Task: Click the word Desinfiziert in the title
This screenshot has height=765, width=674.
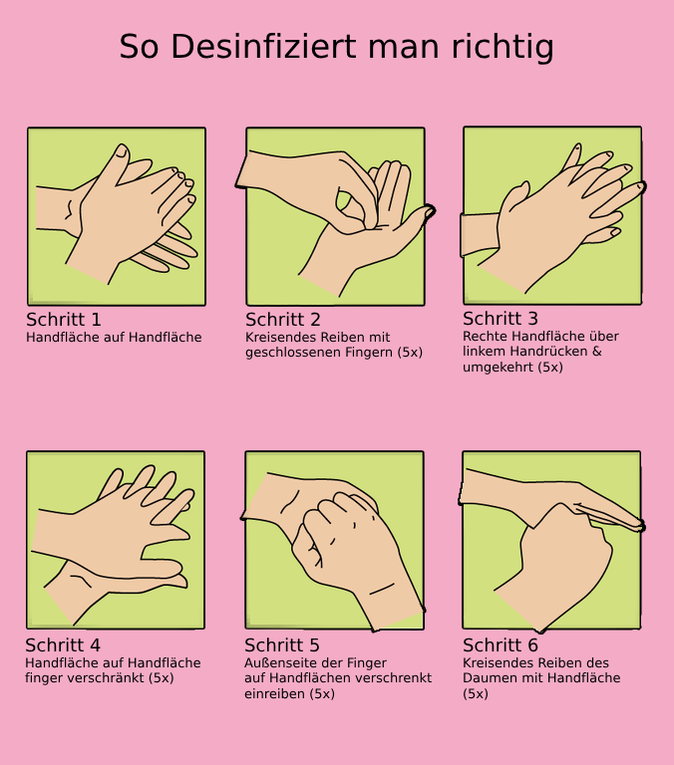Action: tap(264, 47)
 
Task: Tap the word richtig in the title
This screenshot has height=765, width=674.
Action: tap(503, 48)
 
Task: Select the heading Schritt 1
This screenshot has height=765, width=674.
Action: tap(64, 320)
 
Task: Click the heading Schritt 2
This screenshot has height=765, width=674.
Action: tap(283, 320)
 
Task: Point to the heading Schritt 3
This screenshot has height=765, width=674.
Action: tap(501, 319)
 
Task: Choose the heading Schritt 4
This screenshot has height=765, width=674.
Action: tap(63, 645)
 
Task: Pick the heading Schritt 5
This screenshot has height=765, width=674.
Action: tap(282, 645)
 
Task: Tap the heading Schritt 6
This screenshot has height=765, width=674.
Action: tap(501, 645)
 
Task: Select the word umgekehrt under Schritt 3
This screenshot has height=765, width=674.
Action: tap(499, 368)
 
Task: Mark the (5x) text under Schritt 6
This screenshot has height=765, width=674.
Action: tap(476, 693)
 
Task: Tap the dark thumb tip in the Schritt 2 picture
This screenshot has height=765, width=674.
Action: tap(430, 212)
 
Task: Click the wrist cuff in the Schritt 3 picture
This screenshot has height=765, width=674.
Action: tap(480, 235)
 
